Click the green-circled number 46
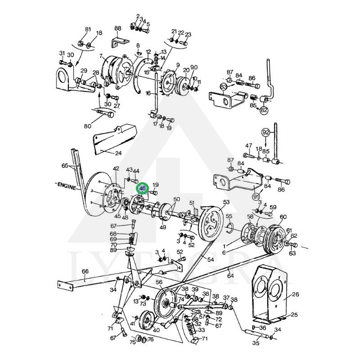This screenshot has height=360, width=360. pyautogui.click(x=143, y=189)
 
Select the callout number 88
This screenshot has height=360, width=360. pyautogui.click(x=118, y=28)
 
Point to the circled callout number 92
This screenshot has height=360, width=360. pyautogui.click(x=265, y=132)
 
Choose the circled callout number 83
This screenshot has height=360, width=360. pyautogui.click(x=224, y=86)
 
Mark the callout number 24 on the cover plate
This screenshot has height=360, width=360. pyautogui.click(x=118, y=153)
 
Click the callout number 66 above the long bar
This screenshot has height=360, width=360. pyautogui.click(x=85, y=271)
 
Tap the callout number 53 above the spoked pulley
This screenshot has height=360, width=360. pyautogui.click(x=226, y=202)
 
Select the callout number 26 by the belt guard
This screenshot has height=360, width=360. pyautogui.click(x=295, y=295)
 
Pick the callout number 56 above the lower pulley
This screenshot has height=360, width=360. pyautogui.click(x=159, y=282)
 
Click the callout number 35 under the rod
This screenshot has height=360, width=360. pyautogui.click(x=256, y=343)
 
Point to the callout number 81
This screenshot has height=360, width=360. pyautogui.click(x=88, y=29)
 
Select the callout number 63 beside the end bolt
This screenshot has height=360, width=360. pyautogui.click(x=292, y=253)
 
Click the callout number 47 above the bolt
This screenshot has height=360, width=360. pyautogui.click(x=249, y=146)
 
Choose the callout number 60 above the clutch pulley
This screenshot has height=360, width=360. pyautogui.click(x=283, y=217)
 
